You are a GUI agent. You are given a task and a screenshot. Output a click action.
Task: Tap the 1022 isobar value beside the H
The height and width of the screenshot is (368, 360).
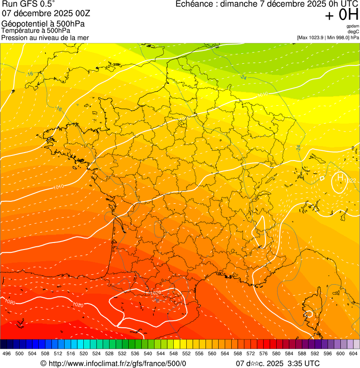tap(352, 181)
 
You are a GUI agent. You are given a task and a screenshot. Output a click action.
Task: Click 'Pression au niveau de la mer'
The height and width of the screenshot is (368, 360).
tap(45, 37)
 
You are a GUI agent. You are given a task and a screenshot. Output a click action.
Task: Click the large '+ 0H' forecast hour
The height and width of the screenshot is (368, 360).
tap(342, 15)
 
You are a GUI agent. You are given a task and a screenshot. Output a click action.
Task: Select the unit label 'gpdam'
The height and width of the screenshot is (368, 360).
tap(353, 26)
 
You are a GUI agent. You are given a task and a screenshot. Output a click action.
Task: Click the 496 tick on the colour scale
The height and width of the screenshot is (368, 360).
tap(7, 353)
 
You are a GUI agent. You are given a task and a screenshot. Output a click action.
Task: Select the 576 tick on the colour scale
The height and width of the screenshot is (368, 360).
tap(264, 353)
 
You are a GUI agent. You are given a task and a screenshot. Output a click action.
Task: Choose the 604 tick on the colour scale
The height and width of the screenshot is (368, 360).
tap(354, 353)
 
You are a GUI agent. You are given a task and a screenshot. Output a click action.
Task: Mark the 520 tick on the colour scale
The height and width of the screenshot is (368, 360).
tap(84, 353)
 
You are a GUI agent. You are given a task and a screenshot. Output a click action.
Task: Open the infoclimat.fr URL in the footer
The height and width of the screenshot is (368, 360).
tap(117, 363)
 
